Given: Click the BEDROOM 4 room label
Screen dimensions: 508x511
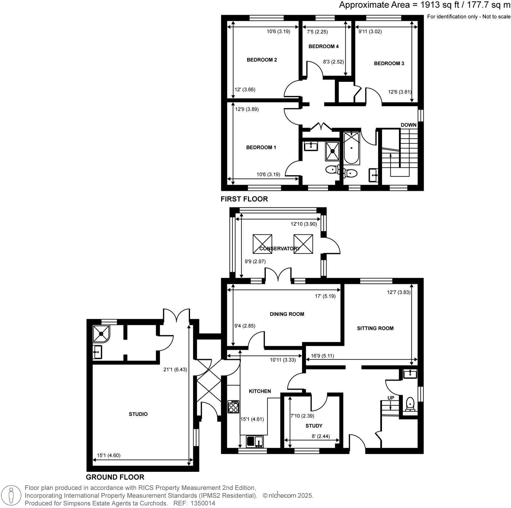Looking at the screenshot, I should click(x=323, y=47).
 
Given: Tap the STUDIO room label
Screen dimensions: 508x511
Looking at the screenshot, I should click(x=138, y=414).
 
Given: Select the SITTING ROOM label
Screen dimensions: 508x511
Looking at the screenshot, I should click(x=375, y=328).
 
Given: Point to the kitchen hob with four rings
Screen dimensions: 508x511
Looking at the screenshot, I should click(x=233, y=407).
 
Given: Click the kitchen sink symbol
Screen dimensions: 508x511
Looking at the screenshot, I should click(x=255, y=441).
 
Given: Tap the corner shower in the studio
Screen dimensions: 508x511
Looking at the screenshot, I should click(x=101, y=333).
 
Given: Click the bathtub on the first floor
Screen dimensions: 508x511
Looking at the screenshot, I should click(x=351, y=148).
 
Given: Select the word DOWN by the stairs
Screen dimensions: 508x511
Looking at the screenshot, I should click(x=408, y=125).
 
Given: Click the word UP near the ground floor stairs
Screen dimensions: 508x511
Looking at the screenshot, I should click(x=391, y=398).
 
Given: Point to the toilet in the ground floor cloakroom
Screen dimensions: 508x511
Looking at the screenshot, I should click(x=410, y=404).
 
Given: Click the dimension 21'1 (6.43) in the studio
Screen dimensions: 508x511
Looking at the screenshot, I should click(x=175, y=369).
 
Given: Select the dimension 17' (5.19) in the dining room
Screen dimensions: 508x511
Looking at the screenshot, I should click(x=325, y=296).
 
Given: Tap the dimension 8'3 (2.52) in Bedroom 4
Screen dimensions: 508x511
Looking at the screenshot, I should click(x=333, y=62).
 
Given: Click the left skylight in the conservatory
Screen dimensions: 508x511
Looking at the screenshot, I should click(x=262, y=244).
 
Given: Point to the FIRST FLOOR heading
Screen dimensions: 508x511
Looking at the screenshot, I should click(x=244, y=199).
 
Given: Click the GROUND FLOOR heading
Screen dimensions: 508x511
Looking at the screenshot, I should click(x=115, y=477).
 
